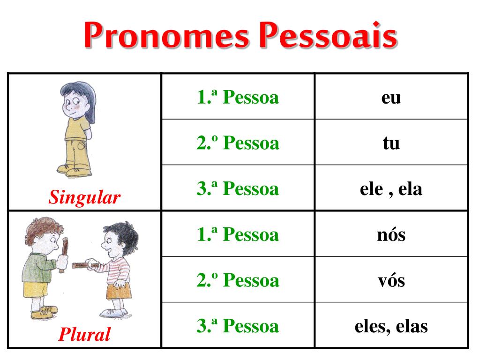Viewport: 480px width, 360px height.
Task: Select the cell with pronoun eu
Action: (391, 97)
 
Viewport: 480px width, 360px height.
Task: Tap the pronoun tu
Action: (391, 142)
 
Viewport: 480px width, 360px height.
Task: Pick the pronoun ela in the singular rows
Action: (410, 189)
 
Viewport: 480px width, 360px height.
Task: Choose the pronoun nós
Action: (391, 235)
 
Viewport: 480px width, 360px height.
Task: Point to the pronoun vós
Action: (391, 280)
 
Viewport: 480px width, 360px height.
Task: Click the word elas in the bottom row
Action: (412, 326)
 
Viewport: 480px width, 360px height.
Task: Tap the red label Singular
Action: (84, 197)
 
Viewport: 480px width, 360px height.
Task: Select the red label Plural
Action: (84, 334)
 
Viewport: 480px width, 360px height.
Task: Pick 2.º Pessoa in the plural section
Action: (238, 280)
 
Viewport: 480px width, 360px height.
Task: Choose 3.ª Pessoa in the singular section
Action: (238, 188)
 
